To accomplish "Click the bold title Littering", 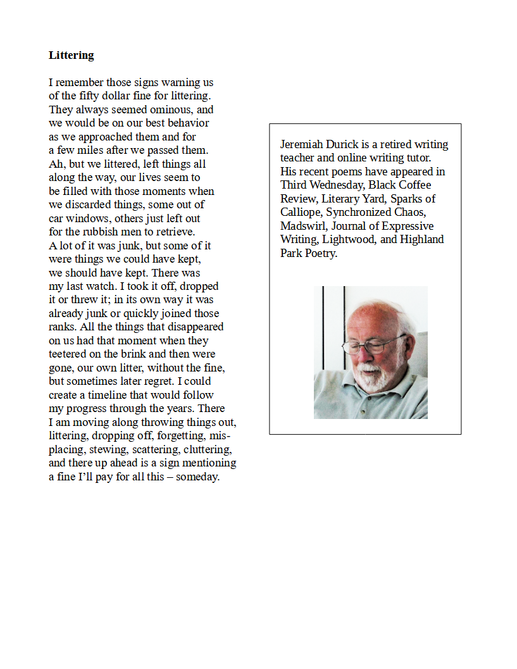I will pyautogui.click(x=72, y=55).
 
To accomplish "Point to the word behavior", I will pyautogui.click(x=187, y=123).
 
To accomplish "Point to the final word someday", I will pyautogui.click(x=197, y=477).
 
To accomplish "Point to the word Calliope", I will pyautogui.click(x=301, y=213).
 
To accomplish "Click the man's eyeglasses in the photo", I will pyautogui.click(x=373, y=345).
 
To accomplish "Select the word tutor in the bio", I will pyautogui.click(x=416, y=158).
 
